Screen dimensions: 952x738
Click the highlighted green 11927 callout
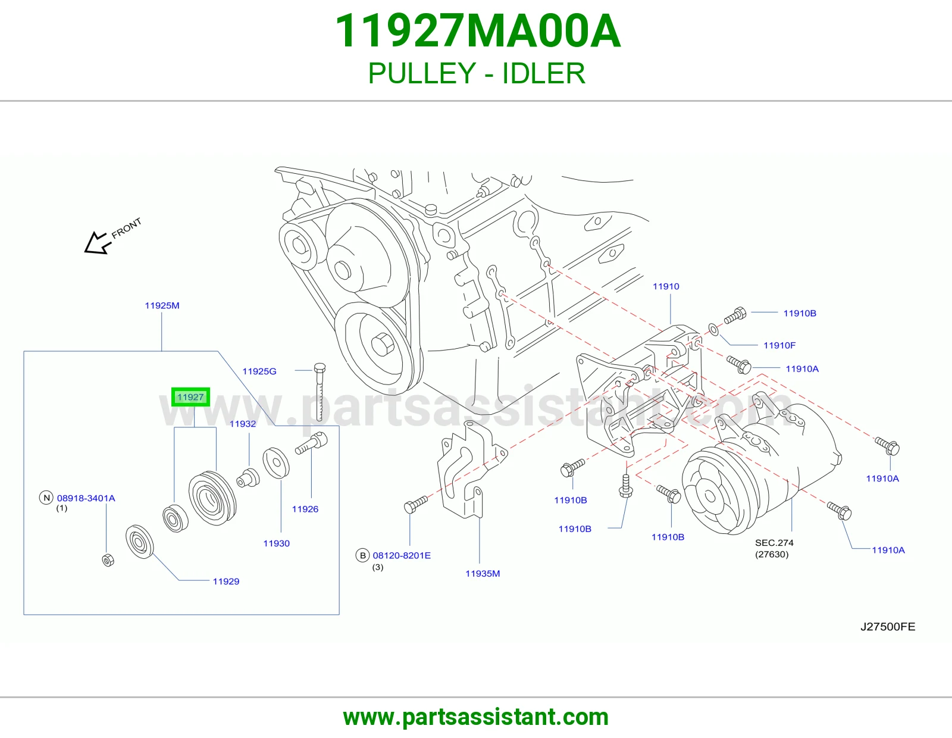coord(190,397)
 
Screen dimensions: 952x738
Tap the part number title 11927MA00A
coord(477,31)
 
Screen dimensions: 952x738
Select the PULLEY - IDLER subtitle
coord(477,73)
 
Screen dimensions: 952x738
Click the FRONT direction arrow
coord(96,243)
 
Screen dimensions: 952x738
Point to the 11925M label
coord(162,305)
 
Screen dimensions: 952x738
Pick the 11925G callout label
coord(259,371)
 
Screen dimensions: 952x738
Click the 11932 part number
coord(243,424)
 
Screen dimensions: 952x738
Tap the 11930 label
coord(277,543)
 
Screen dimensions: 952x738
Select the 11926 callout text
coord(305,509)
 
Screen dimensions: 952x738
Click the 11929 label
coord(226,581)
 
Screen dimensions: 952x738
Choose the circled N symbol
coord(46,498)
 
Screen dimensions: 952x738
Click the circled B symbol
coord(362,555)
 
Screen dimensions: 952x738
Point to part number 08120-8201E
coord(402,556)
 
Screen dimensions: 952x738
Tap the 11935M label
coord(483,574)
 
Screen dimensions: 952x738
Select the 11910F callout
coord(779,345)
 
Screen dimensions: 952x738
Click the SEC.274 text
coord(774,543)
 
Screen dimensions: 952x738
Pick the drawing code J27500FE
coord(888,627)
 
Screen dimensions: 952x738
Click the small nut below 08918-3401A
coord(108,560)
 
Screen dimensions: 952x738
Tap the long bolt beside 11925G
coord(320,392)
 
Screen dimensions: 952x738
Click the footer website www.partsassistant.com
coord(476,717)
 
